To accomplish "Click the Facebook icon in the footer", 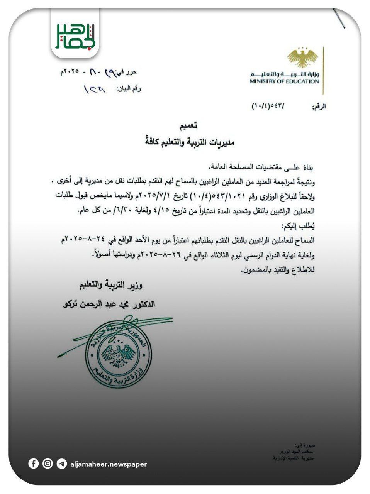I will [x=34, y=464].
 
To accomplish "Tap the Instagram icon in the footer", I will [x=48, y=464].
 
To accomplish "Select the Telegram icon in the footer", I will [x=61, y=464].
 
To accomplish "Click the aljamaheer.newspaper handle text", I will [x=109, y=464].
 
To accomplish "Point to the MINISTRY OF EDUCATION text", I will [x=284, y=81].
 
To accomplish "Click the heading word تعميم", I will [x=190, y=126].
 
